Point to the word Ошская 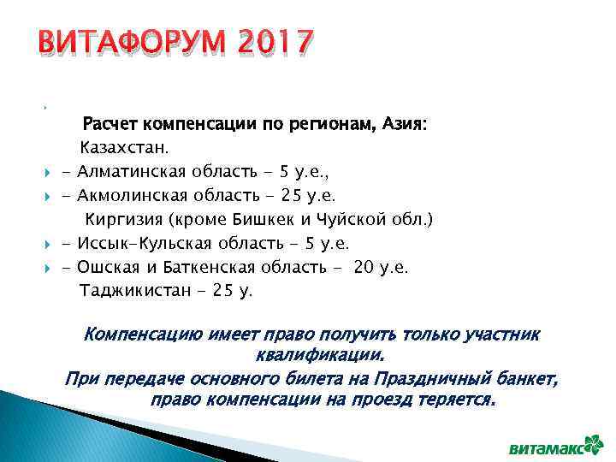point(107,268)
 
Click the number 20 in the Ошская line point(364,268)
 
